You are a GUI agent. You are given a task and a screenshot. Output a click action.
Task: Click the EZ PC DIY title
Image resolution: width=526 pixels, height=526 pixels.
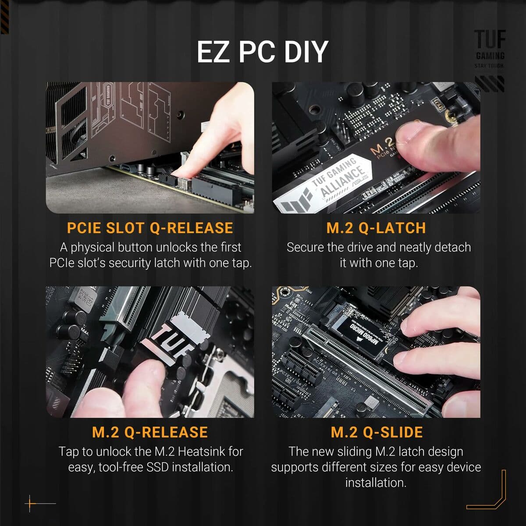[x=262, y=52]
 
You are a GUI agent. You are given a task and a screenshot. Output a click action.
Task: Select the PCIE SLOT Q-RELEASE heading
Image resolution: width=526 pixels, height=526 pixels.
[x=150, y=228]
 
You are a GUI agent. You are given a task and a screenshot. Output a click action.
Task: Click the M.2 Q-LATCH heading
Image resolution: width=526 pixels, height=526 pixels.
[x=376, y=228]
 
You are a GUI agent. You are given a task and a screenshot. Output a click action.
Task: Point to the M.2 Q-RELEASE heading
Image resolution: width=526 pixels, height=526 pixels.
[x=150, y=432]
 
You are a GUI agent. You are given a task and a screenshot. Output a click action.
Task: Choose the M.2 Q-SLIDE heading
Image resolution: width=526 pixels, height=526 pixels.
[x=377, y=432]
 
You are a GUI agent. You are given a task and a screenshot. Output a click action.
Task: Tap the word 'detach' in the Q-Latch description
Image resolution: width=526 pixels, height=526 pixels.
[x=453, y=248]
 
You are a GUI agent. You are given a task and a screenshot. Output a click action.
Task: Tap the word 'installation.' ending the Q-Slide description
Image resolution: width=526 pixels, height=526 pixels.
[x=376, y=483]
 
